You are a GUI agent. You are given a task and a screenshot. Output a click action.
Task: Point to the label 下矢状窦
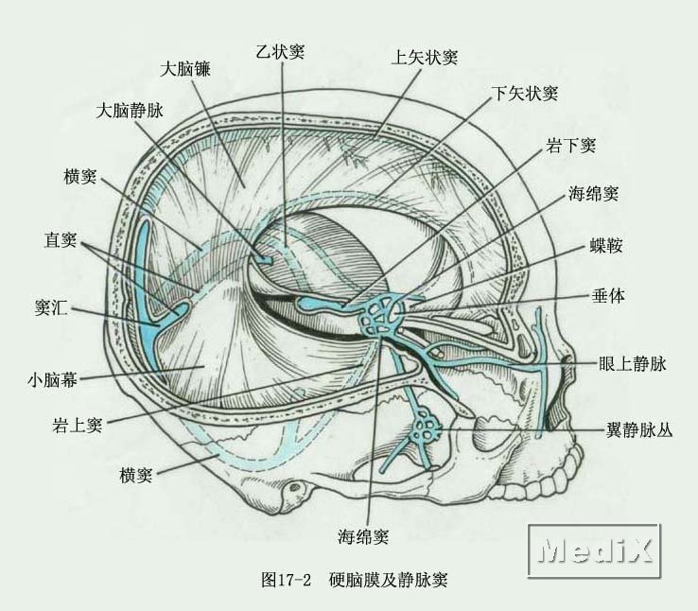(x=525, y=94)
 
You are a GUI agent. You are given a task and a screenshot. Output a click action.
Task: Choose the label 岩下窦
(x=570, y=145)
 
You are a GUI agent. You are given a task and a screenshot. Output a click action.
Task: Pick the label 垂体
(x=605, y=296)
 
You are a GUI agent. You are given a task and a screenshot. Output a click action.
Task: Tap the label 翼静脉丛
(x=639, y=428)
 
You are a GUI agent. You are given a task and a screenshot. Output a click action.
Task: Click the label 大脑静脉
(x=131, y=111)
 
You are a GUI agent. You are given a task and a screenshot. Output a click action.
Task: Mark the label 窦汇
(x=49, y=308)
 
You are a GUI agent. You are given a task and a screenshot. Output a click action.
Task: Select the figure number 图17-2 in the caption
(x=286, y=579)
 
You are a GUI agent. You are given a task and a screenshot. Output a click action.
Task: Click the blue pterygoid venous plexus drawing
(x=427, y=429)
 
